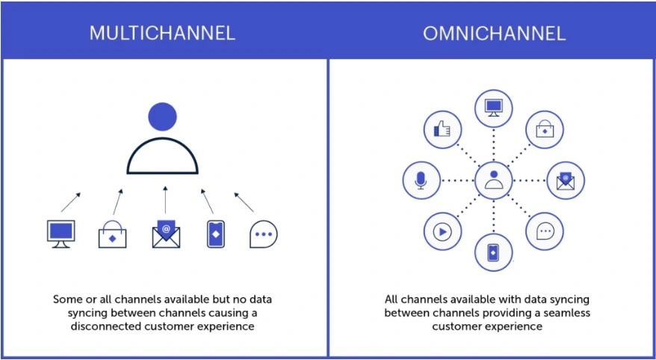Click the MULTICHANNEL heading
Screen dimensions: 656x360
[x=162, y=34]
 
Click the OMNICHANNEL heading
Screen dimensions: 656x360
[x=495, y=34]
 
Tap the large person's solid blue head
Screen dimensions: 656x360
[x=162, y=117]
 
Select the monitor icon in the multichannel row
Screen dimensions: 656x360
[x=61, y=234]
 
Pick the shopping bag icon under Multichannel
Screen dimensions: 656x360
[x=112, y=234]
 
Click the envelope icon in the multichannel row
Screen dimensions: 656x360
[x=166, y=234]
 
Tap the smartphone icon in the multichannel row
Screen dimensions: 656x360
[x=216, y=234]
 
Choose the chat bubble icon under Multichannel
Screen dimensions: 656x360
[x=264, y=234]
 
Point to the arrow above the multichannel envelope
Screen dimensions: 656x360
[x=165, y=200]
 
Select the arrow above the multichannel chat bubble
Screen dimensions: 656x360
[x=244, y=202]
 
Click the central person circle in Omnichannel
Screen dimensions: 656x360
[x=494, y=181]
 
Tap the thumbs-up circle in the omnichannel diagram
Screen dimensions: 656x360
[x=442, y=130]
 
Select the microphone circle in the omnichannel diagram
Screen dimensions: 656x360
[x=421, y=181]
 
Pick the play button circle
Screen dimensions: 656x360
[x=442, y=232]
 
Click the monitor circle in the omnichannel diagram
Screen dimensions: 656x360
[x=494, y=108]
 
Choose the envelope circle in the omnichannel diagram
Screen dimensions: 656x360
[x=566, y=181]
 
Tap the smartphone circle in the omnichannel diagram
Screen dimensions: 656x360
[x=494, y=252]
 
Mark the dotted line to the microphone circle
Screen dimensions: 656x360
[x=458, y=181]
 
